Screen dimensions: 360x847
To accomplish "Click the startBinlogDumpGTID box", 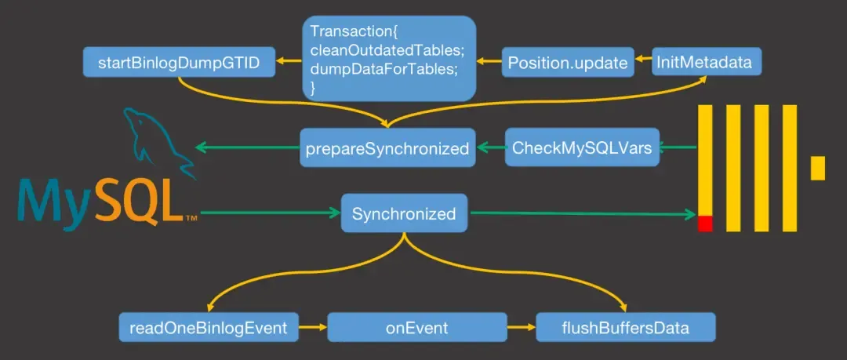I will click(179, 62).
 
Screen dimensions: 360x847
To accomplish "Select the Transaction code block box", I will click(390, 59).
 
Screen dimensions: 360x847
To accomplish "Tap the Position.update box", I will click(568, 63).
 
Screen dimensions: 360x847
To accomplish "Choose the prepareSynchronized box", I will click(387, 147).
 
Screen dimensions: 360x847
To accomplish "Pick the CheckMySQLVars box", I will click(582, 147).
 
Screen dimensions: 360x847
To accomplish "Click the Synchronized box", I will click(404, 213).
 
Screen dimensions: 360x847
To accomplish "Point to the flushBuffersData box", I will click(626, 327).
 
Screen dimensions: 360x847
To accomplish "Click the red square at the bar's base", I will click(705, 224).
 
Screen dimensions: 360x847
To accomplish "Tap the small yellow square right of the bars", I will click(817, 168).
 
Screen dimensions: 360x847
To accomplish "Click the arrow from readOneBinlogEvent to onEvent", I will click(313, 327).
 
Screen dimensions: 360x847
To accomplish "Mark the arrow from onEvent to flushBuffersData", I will click(521, 327).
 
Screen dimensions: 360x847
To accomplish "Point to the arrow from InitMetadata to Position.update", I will click(643, 60).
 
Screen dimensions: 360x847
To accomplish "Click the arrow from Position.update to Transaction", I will click(490, 60).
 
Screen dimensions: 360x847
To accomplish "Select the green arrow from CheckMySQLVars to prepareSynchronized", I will click(490, 147).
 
